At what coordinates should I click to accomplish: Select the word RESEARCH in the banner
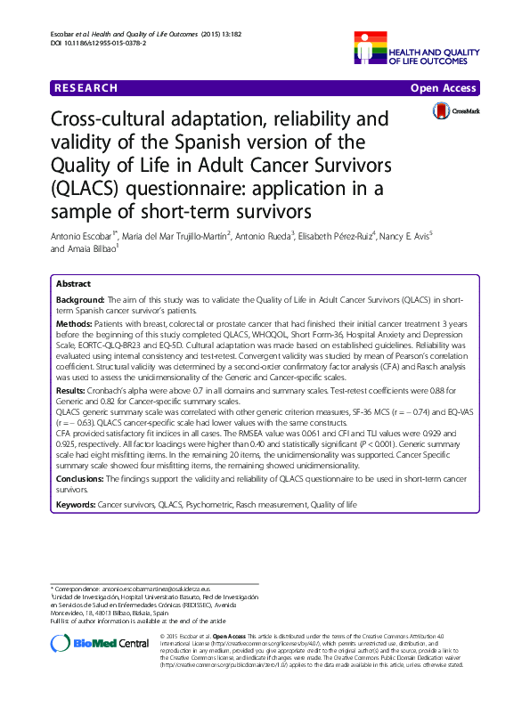coord(86,88)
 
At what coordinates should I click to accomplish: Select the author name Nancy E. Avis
coord(406,235)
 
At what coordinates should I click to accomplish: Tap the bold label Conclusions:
coord(83,478)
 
